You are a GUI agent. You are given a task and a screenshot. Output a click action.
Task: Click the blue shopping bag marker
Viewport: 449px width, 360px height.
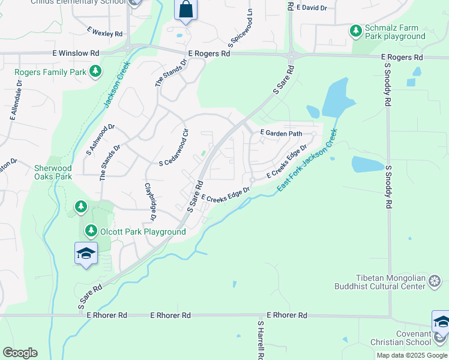pyautogui.click(x=185, y=10)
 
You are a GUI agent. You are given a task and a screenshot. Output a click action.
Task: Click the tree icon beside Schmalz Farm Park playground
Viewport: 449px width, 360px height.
pyautogui.click(x=356, y=30)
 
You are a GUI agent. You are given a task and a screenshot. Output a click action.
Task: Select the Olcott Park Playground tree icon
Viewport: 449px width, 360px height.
pyautogui.click(x=91, y=230)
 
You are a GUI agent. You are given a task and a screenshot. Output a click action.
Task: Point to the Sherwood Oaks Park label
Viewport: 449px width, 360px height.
pyautogui.click(x=53, y=173)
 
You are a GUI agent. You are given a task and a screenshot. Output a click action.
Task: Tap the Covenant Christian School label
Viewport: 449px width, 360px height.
pyautogui.click(x=405, y=337)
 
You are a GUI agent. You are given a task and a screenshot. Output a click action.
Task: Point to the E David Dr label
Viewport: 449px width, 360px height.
pyautogui.click(x=313, y=8)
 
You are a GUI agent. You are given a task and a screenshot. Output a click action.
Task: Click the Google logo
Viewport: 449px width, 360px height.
pyautogui.click(x=20, y=353)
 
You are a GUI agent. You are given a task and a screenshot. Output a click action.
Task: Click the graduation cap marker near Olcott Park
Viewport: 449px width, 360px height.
pyautogui.click(x=86, y=253)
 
